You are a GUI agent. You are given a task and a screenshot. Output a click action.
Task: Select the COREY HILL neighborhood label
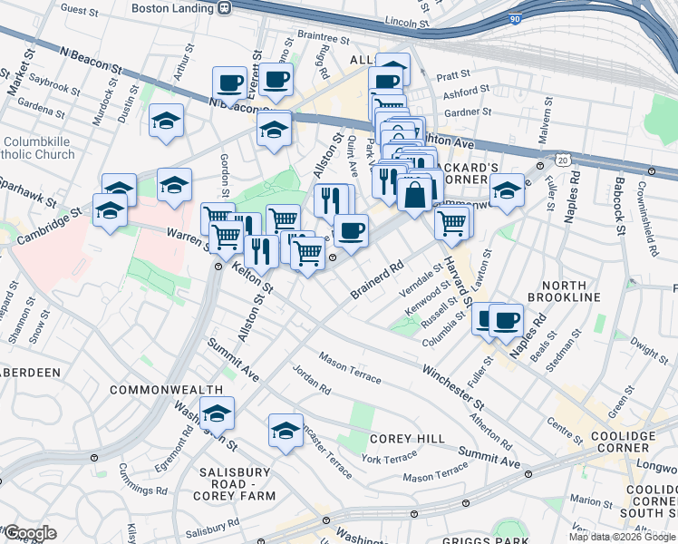(x=407, y=439)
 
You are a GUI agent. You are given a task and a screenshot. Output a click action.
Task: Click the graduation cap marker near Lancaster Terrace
(x=286, y=430)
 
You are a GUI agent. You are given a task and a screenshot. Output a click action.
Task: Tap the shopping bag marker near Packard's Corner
(x=414, y=194)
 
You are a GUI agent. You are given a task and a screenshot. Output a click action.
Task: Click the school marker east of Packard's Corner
(x=508, y=190)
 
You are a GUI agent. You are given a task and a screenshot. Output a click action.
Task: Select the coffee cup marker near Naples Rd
(x=505, y=319)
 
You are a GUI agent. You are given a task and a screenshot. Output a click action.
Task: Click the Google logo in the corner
(x=30, y=533)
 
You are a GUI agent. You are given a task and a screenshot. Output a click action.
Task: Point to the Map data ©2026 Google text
(x=621, y=537)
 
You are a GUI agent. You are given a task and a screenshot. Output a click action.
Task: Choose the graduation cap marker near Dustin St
(x=167, y=121)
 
